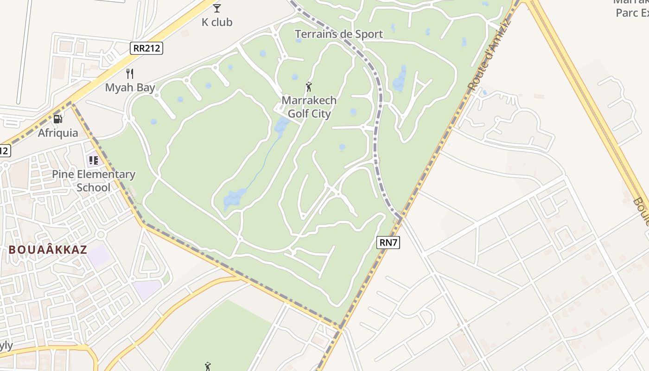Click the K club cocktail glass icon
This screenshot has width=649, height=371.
(x=217, y=8)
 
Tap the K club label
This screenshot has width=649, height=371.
(x=217, y=22)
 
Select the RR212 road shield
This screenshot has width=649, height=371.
(x=146, y=48)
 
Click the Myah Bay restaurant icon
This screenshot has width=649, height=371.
(x=130, y=73)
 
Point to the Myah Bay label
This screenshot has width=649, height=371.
(x=130, y=87)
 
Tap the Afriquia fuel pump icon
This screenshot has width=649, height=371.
(x=58, y=119)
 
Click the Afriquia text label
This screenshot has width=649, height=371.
(x=58, y=133)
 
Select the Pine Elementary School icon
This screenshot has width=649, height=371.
(x=94, y=160)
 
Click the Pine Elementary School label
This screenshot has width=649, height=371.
(x=94, y=181)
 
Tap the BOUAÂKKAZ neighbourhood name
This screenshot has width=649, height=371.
(x=48, y=249)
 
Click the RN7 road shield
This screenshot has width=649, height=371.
(x=388, y=242)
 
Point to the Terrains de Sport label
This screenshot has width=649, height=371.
(x=339, y=34)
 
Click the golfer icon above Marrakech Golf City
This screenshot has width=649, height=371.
(x=309, y=86)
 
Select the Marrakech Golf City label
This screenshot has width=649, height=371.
(x=309, y=107)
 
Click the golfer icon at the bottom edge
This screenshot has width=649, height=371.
(x=208, y=366)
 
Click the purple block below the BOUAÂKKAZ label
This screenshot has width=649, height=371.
(x=100, y=256)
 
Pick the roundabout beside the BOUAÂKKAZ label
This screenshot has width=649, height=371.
(x=101, y=235)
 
